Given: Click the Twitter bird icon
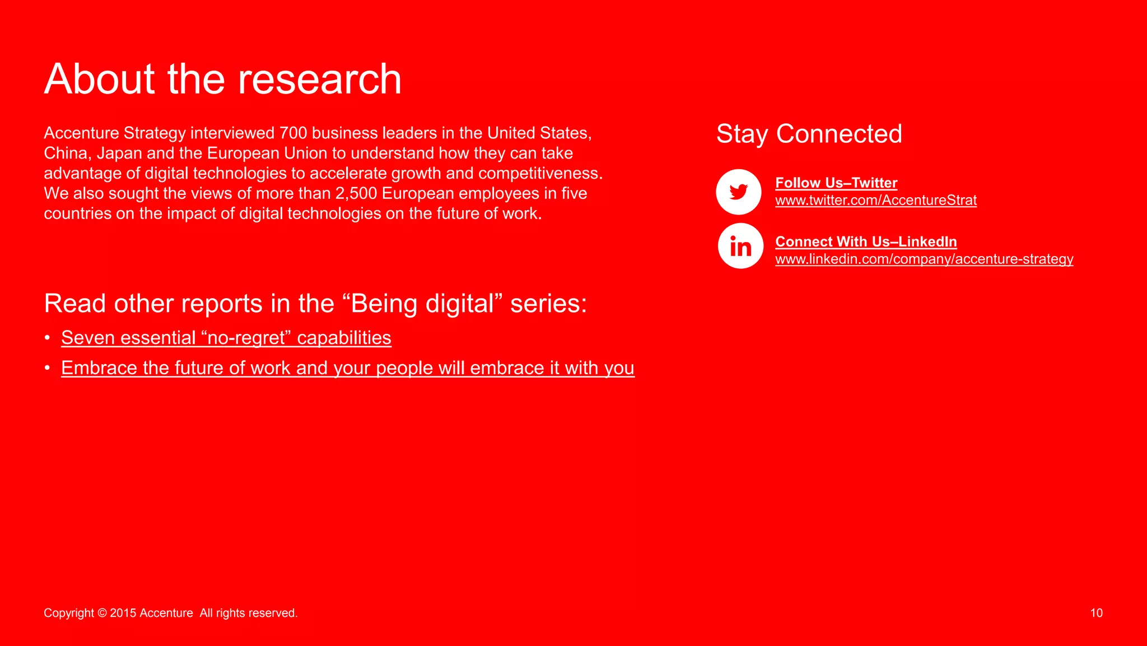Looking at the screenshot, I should click(738, 192).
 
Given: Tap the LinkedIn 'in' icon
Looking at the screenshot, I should click(740, 246).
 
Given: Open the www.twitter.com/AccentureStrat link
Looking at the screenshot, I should click(875, 200).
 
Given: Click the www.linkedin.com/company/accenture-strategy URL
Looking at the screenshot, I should click(924, 259).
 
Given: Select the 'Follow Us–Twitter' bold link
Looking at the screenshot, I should click(836, 183).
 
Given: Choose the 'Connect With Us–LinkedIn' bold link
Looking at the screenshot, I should click(865, 241).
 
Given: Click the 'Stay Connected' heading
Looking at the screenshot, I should click(809, 134).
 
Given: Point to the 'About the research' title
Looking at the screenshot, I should click(222, 79).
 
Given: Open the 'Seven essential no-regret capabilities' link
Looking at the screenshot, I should click(226, 338).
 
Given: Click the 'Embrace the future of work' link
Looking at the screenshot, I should click(347, 368).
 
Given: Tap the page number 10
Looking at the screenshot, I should click(1096, 613).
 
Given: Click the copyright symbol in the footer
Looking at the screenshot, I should click(102, 613).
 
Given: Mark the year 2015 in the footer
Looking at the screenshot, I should click(123, 613).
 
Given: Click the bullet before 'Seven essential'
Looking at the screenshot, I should click(48, 338).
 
